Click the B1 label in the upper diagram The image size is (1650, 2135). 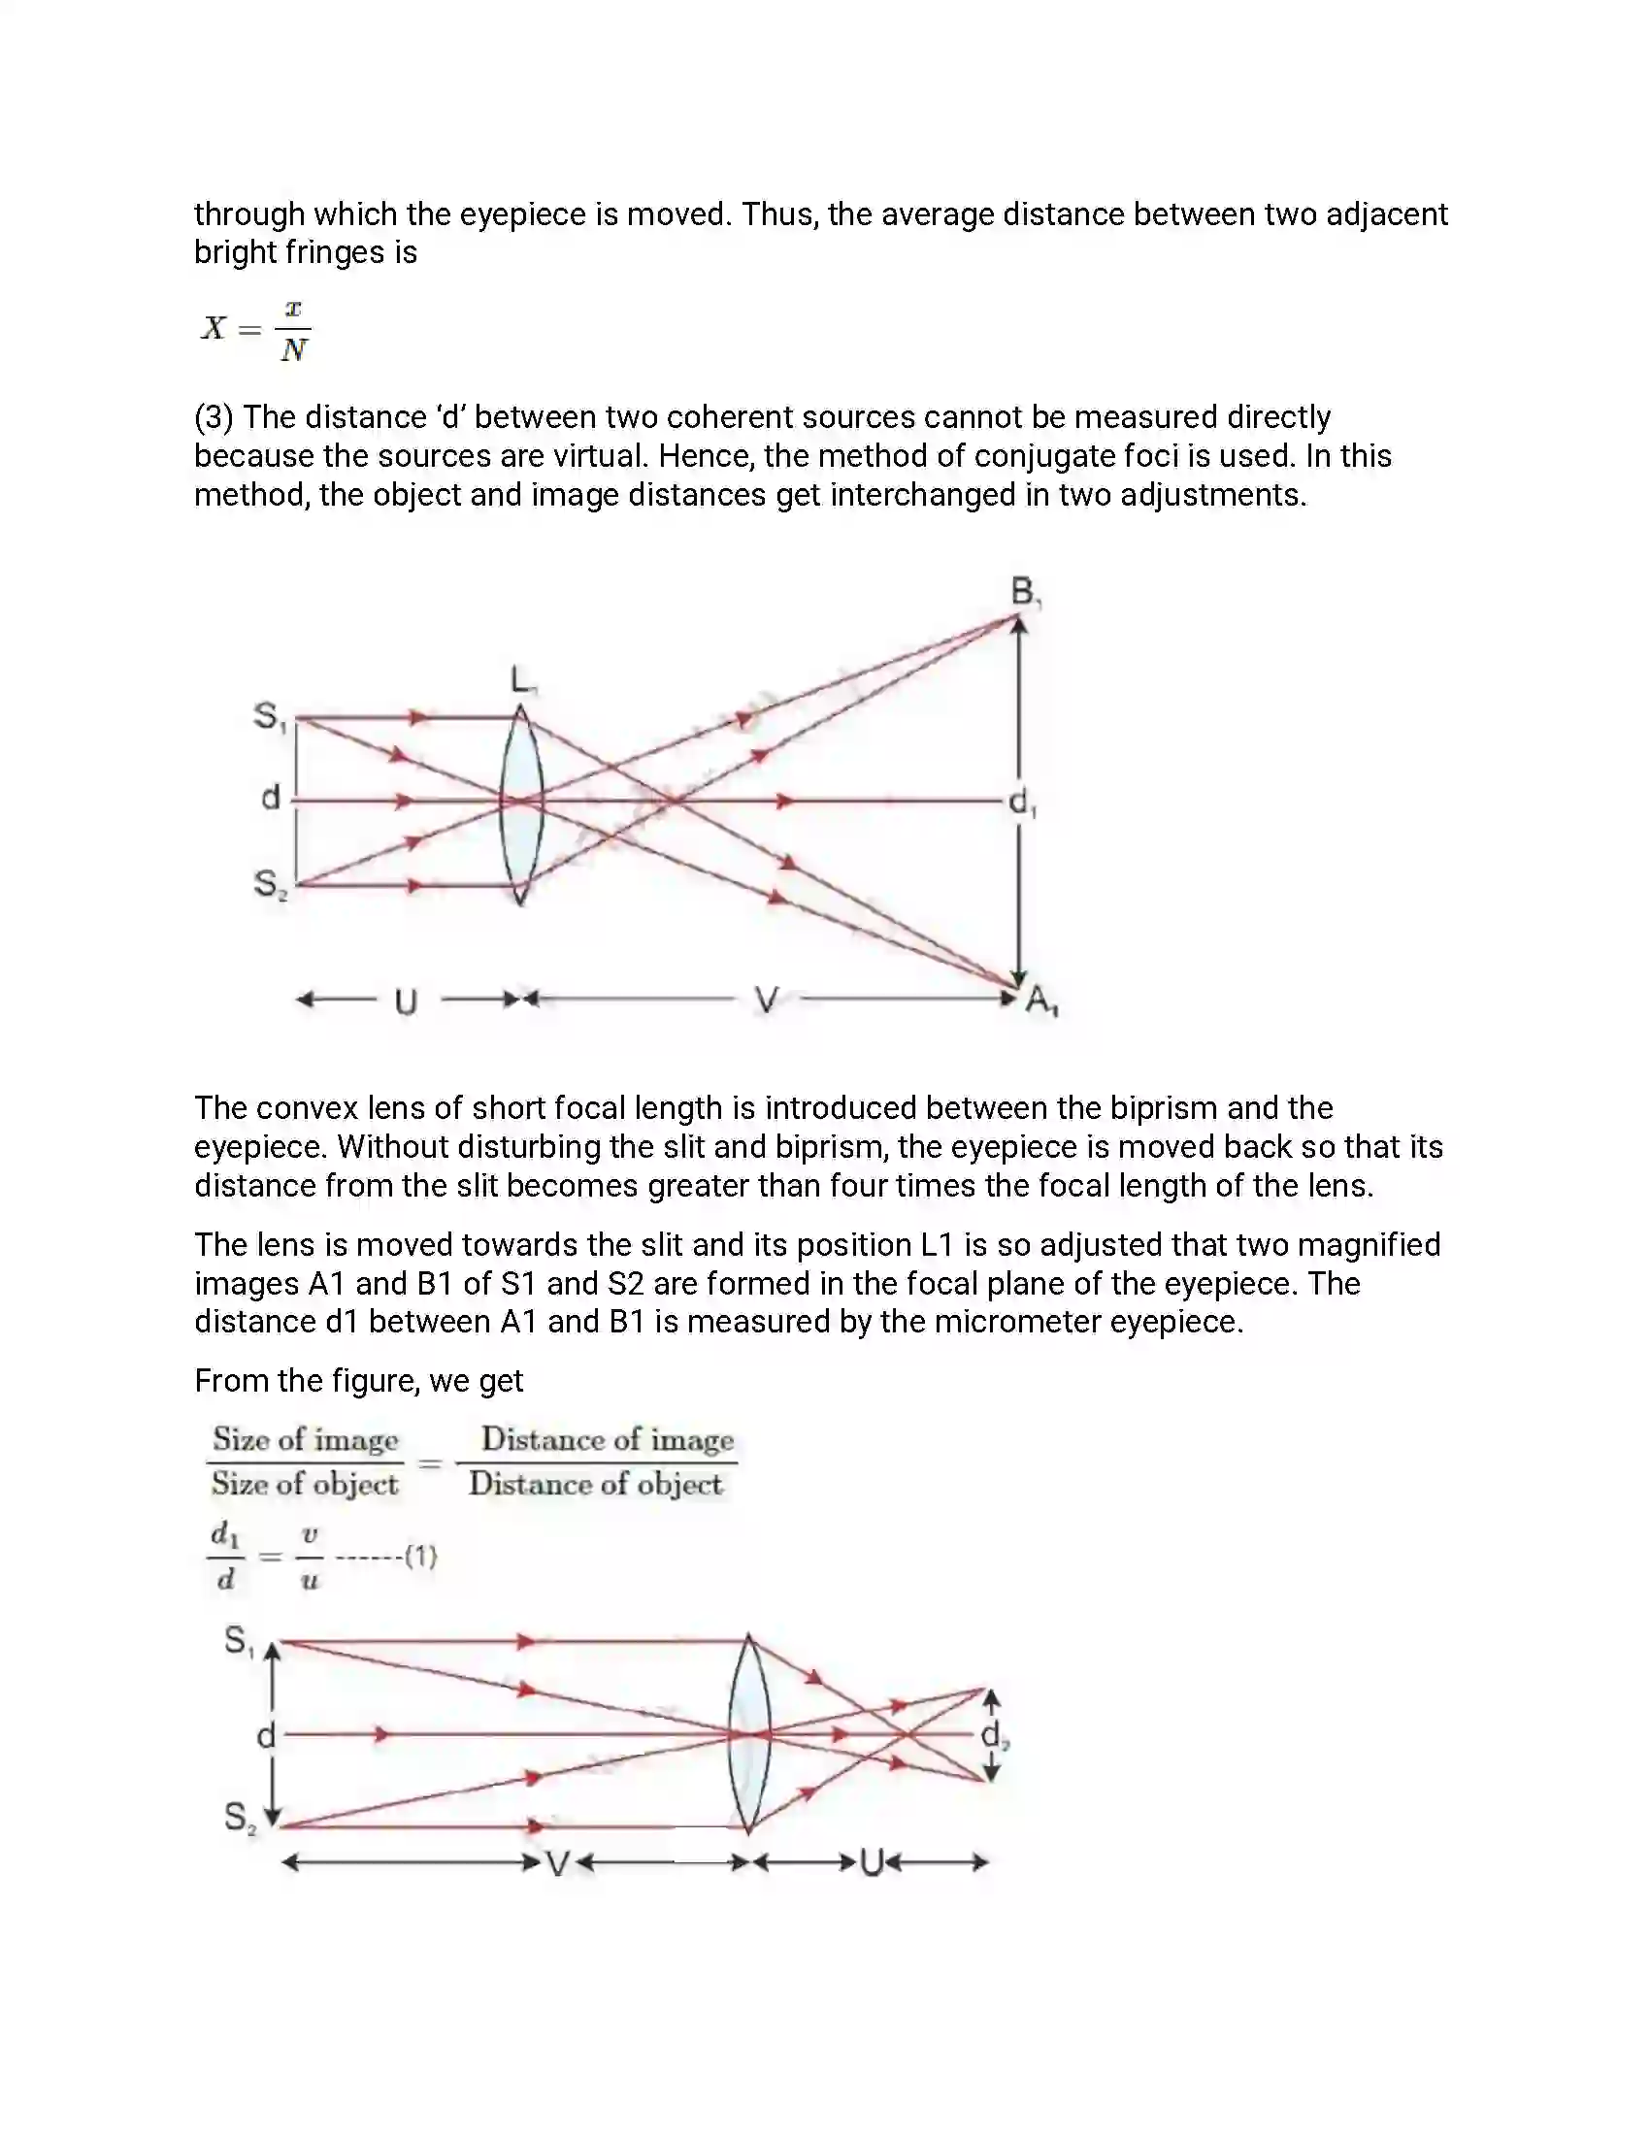[x=1024, y=592]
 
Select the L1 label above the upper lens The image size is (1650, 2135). [x=523, y=679]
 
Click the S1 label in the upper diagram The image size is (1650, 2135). [x=270, y=716]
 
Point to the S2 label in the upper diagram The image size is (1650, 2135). [x=270, y=885]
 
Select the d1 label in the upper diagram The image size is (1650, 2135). [x=1022, y=804]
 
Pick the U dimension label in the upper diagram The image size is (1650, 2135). [x=406, y=1002]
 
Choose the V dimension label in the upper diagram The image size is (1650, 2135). [x=767, y=1000]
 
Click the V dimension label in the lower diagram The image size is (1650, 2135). [x=557, y=1864]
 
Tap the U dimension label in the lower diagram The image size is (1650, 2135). [x=871, y=1863]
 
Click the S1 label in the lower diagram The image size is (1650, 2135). [x=240, y=1640]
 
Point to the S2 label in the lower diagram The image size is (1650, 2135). [x=240, y=1818]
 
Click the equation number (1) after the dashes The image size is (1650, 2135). [x=420, y=1557]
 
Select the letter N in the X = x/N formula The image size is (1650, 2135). [x=293, y=350]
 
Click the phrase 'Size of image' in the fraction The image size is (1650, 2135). [x=306, y=1440]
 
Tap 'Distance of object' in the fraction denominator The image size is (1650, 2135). [x=595, y=1484]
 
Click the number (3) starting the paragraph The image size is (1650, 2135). [x=214, y=418]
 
